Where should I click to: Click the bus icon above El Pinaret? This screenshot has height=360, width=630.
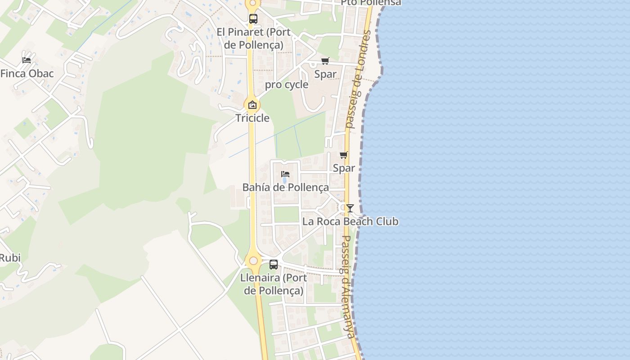(x=253, y=19)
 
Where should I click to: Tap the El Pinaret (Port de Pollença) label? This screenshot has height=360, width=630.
(x=254, y=39)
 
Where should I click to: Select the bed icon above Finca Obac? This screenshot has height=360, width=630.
(x=27, y=60)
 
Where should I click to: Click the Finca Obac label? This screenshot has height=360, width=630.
(x=27, y=73)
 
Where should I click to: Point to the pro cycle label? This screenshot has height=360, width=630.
(x=287, y=85)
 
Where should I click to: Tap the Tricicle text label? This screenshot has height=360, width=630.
(x=252, y=118)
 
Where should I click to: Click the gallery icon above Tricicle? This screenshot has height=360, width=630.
(x=252, y=105)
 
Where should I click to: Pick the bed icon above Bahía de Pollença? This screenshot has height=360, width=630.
(x=285, y=174)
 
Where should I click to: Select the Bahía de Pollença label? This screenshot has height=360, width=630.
(x=286, y=187)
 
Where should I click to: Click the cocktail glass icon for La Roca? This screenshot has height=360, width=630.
(x=350, y=208)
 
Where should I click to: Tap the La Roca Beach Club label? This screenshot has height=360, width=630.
(x=350, y=221)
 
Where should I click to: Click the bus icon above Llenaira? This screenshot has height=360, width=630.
(x=274, y=265)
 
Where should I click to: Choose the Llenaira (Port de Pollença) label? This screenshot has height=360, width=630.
(x=274, y=284)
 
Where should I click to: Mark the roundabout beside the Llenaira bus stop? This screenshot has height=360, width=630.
(x=253, y=261)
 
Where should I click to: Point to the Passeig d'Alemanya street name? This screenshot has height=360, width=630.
(x=349, y=286)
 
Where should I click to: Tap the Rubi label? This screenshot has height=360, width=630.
(x=10, y=258)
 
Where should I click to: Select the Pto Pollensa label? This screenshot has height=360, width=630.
(x=371, y=3)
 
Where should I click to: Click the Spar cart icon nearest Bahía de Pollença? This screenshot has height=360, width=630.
(x=344, y=155)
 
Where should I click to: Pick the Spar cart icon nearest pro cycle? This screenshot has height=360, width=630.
(x=325, y=61)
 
